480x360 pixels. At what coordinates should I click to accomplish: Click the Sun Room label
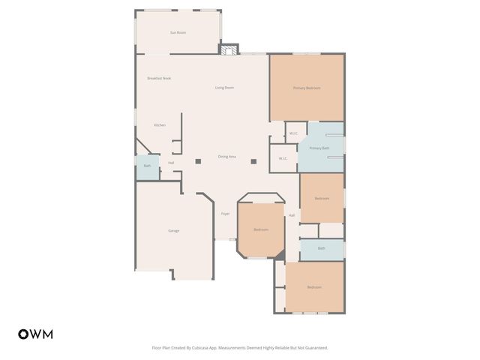coord(178,32)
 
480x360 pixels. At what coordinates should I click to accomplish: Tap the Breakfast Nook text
coord(159,78)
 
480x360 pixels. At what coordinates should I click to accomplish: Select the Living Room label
coord(224,88)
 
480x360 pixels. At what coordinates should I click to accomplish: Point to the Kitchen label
coord(160,124)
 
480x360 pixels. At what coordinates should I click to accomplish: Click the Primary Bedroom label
coord(307,88)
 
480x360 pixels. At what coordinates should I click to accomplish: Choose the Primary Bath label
coord(319,148)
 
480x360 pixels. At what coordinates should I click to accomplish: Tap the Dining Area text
coord(227,156)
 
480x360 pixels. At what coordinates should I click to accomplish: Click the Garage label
coord(173,230)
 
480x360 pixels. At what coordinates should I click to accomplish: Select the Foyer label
coord(225,214)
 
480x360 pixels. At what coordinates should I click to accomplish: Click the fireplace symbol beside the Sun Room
coord(229,49)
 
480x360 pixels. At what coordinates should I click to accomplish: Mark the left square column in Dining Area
coord(199,160)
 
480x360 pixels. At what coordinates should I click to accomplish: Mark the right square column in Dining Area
coord(253,160)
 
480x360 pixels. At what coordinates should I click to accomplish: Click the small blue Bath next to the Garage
coord(147,166)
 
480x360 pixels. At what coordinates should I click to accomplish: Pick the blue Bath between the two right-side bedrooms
coord(322,248)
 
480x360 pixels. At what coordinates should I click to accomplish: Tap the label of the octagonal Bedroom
coord(260,229)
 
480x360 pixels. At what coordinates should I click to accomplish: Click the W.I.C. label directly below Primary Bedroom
coord(294,133)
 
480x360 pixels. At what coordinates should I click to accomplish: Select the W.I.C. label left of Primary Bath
coord(283,158)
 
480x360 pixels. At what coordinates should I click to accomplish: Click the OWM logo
coord(35,334)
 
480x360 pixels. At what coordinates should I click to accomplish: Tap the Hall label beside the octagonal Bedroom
coord(292,215)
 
